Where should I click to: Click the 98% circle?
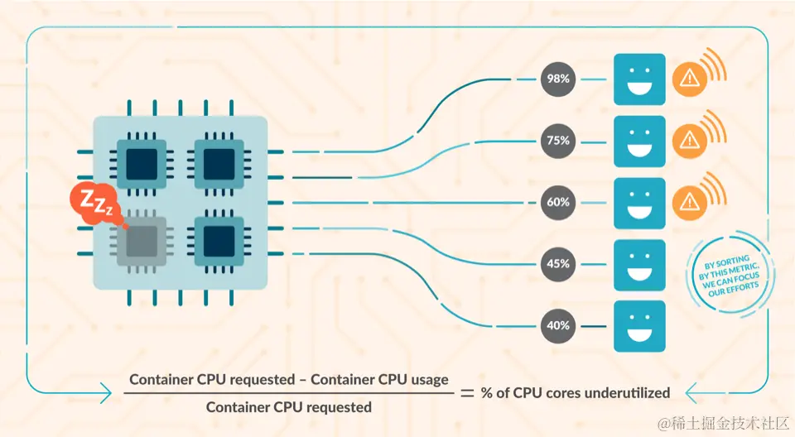pyautogui.click(x=557, y=79)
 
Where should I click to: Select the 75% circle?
pyautogui.click(x=557, y=141)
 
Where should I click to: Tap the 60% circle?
pyautogui.click(x=557, y=202)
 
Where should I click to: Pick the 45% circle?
pyautogui.click(x=557, y=264)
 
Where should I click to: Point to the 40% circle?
pyautogui.click(x=557, y=325)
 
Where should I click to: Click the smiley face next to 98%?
pyautogui.click(x=639, y=79)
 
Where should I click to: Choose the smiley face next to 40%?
pyautogui.click(x=639, y=326)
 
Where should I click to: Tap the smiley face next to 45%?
pyautogui.click(x=639, y=265)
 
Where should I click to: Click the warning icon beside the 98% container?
pyautogui.click(x=688, y=79)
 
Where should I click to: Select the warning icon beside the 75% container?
pyautogui.click(x=688, y=141)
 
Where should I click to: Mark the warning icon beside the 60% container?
pyautogui.click(x=688, y=202)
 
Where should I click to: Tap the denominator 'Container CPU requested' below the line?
pyautogui.click(x=288, y=407)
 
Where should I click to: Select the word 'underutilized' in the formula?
pyautogui.click(x=627, y=392)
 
